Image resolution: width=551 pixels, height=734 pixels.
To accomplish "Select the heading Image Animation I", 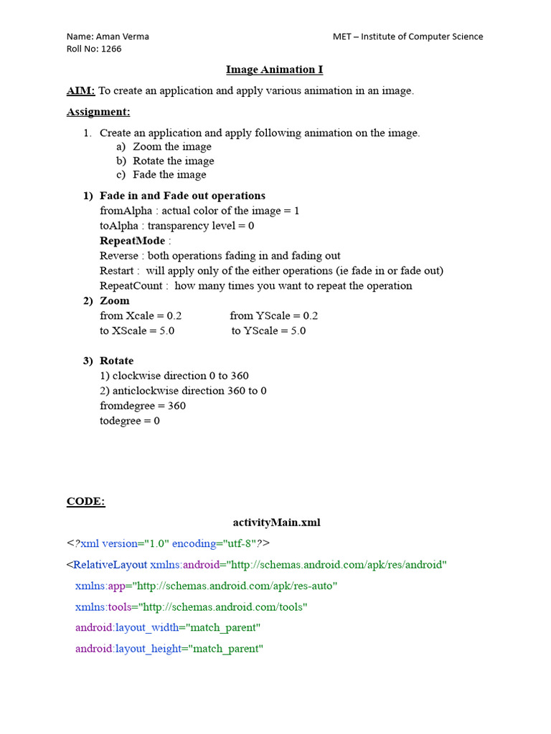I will [275, 70].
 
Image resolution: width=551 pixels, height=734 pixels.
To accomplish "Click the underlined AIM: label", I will [80, 91].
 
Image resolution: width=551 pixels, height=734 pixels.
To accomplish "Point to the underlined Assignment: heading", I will [98, 112].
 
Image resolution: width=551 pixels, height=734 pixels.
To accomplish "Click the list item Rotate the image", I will [173, 161].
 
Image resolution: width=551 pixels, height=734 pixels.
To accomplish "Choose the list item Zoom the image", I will [172, 147].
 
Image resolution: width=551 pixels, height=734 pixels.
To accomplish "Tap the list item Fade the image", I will [169, 174].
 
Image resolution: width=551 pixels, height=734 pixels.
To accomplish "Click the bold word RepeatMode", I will [132, 241].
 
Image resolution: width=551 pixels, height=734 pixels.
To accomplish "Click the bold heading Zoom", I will [115, 301].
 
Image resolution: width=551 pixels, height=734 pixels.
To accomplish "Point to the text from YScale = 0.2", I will [274, 316].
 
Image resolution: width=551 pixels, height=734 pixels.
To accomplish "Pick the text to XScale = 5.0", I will [137, 331].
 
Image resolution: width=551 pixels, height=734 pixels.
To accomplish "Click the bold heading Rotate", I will [116, 361].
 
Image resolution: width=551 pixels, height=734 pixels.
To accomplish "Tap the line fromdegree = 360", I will [143, 406].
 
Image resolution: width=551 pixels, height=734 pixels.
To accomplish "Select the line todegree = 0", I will [130, 421].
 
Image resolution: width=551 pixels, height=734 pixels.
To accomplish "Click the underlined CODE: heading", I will [85, 502].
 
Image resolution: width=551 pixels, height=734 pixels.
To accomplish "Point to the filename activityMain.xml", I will [277, 523].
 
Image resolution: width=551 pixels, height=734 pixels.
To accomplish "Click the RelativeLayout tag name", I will [110, 565].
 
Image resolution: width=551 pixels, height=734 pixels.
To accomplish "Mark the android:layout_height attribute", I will [127, 649].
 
